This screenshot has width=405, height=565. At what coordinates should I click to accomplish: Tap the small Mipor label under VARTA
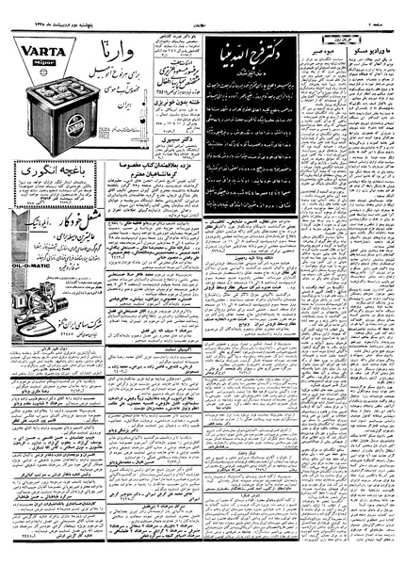point(30,56)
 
